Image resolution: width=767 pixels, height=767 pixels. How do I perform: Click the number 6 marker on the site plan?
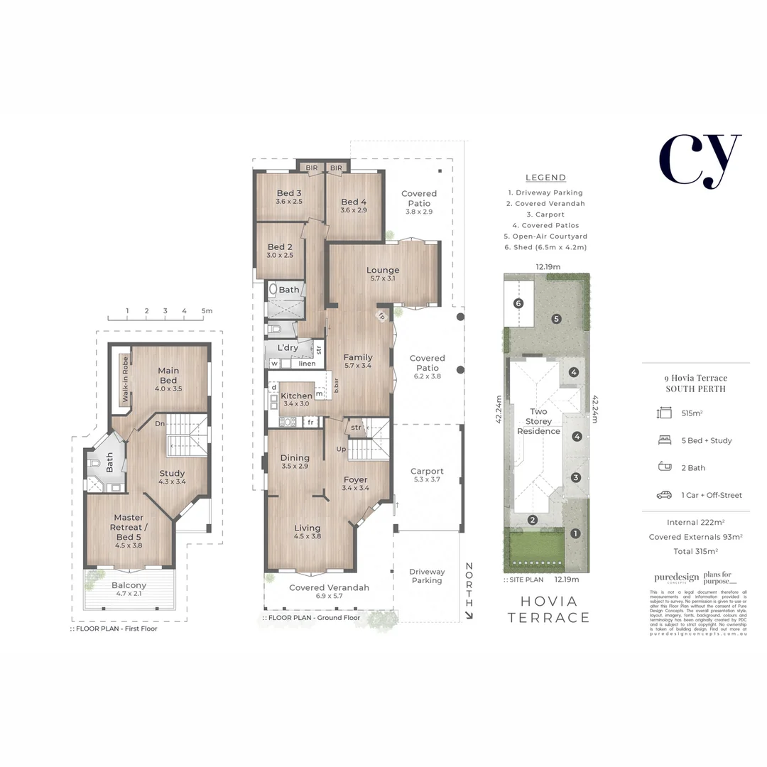[518, 303]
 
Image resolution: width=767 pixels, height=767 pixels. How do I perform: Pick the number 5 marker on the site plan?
[557, 319]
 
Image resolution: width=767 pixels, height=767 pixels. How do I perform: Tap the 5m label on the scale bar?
[207, 311]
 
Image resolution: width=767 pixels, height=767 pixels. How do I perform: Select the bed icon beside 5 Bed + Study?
[665, 440]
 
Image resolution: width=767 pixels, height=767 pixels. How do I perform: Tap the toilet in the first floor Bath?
[96, 463]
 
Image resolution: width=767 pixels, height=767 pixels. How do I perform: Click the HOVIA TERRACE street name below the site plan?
[549, 609]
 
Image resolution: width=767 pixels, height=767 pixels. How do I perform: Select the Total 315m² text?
[695, 551]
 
